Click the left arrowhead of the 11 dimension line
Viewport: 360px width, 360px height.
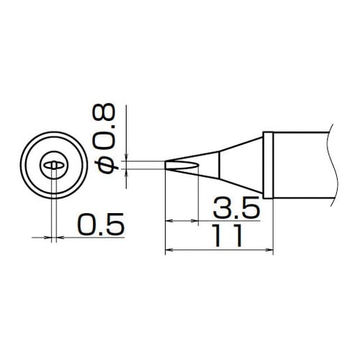pyautogui.click(x=170, y=251)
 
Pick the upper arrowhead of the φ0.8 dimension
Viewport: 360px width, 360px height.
pyautogui.click(x=126, y=156)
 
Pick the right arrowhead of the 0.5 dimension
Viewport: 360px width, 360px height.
pyautogui.click(x=59, y=235)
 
